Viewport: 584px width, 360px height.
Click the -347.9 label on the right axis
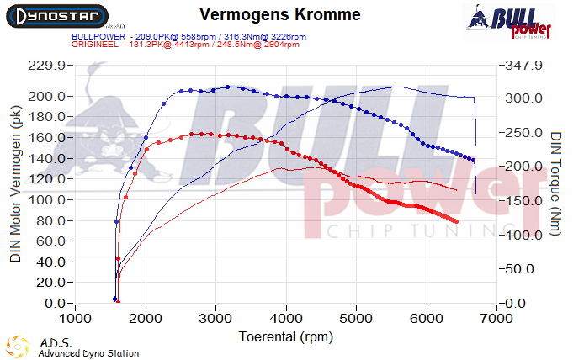click(523, 66)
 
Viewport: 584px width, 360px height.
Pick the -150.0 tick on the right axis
click(523, 201)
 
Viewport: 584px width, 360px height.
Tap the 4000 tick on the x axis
click(287, 319)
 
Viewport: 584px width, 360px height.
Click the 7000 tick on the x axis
click(497, 319)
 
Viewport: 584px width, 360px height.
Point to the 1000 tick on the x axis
click(76, 319)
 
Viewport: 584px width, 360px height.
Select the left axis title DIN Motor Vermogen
click(15, 183)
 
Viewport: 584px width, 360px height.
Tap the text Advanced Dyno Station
click(88, 354)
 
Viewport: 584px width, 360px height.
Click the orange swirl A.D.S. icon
click(18, 347)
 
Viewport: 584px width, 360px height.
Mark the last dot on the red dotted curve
click(456, 221)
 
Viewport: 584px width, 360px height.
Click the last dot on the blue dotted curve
click(474, 160)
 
